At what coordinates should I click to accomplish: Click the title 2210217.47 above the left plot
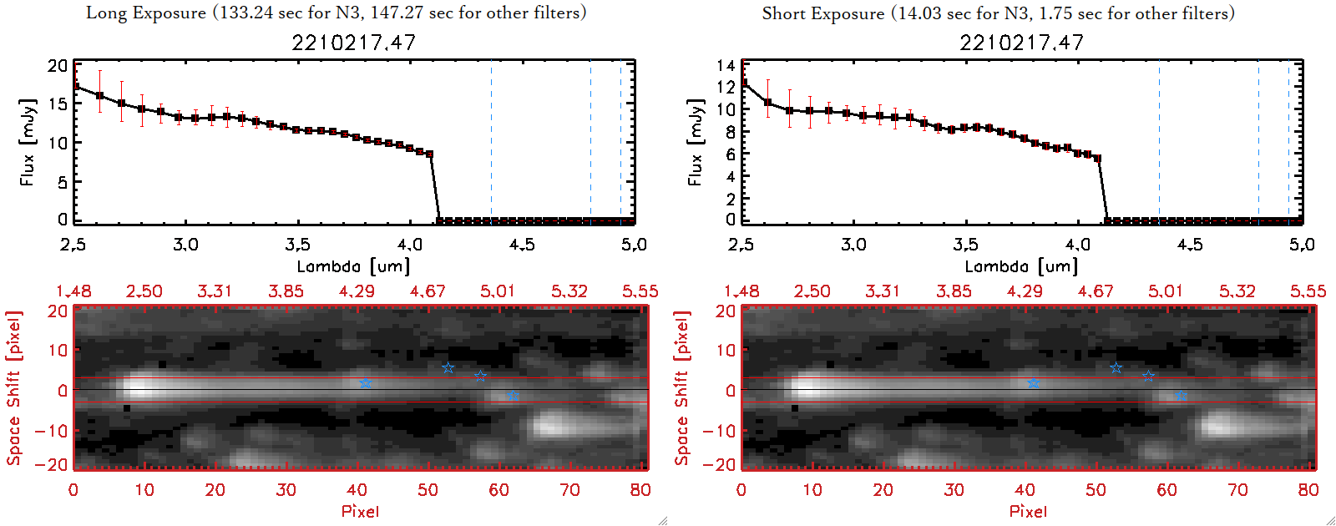point(353,43)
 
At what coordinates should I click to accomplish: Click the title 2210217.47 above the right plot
point(1021,43)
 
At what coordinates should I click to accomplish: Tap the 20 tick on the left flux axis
point(58,66)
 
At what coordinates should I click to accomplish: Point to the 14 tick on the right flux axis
point(726,66)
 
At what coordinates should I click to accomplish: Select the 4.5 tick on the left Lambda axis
point(522,245)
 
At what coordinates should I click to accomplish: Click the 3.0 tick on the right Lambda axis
point(853,245)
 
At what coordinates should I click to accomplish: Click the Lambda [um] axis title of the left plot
point(353,266)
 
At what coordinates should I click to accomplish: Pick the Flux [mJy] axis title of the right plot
point(695,142)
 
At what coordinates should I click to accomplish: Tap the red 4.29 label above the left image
point(357,291)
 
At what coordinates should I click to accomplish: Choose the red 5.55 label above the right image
point(1308,291)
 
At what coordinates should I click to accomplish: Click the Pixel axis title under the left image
point(360,511)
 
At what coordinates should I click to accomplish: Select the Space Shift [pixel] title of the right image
point(682,388)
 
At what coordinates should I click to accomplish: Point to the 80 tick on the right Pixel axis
point(1308,490)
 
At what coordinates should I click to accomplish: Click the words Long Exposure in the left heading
point(146,13)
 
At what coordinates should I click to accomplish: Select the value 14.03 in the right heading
point(919,13)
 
